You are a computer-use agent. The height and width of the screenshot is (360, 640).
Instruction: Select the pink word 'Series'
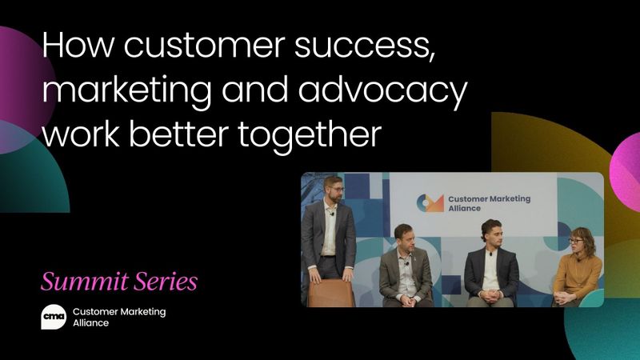(165, 282)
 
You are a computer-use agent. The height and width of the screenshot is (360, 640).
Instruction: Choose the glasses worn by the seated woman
(576, 239)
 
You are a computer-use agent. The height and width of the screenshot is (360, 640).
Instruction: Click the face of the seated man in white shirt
(489, 234)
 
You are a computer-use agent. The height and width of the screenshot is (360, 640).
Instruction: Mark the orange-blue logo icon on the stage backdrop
(430, 204)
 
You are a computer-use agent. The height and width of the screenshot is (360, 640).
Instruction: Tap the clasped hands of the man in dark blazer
(489, 294)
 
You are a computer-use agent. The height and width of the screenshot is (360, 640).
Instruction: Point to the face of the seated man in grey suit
(403, 238)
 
